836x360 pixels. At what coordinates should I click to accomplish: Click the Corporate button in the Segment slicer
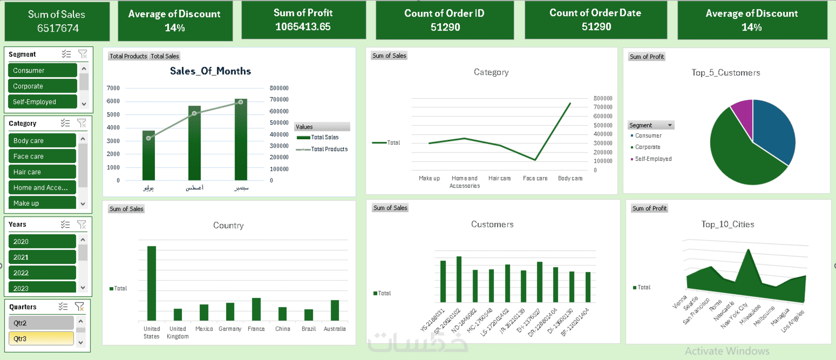(x=42, y=86)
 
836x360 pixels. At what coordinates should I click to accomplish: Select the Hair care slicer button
(x=42, y=172)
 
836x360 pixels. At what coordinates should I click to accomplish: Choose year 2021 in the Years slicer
(x=42, y=257)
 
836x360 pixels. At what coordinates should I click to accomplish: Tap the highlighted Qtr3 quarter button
(x=41, y=339)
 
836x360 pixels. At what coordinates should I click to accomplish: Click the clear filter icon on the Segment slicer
(x=83, y=54)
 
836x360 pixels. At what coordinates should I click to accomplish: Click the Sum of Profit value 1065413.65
(x=303, y=27)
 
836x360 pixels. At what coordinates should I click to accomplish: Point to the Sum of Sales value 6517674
(x=58, y=29)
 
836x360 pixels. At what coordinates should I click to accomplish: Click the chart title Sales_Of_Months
(x=210, y=71)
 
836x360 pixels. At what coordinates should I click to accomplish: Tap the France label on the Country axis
(x=256, y=329)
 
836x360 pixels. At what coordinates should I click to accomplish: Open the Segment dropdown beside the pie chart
(x=670, y=125)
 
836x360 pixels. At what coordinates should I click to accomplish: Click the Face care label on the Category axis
(x=535, y=179)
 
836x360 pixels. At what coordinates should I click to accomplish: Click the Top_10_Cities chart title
(x=727, y=224)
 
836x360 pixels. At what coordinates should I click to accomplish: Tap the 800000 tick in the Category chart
(x=603, y=98)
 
